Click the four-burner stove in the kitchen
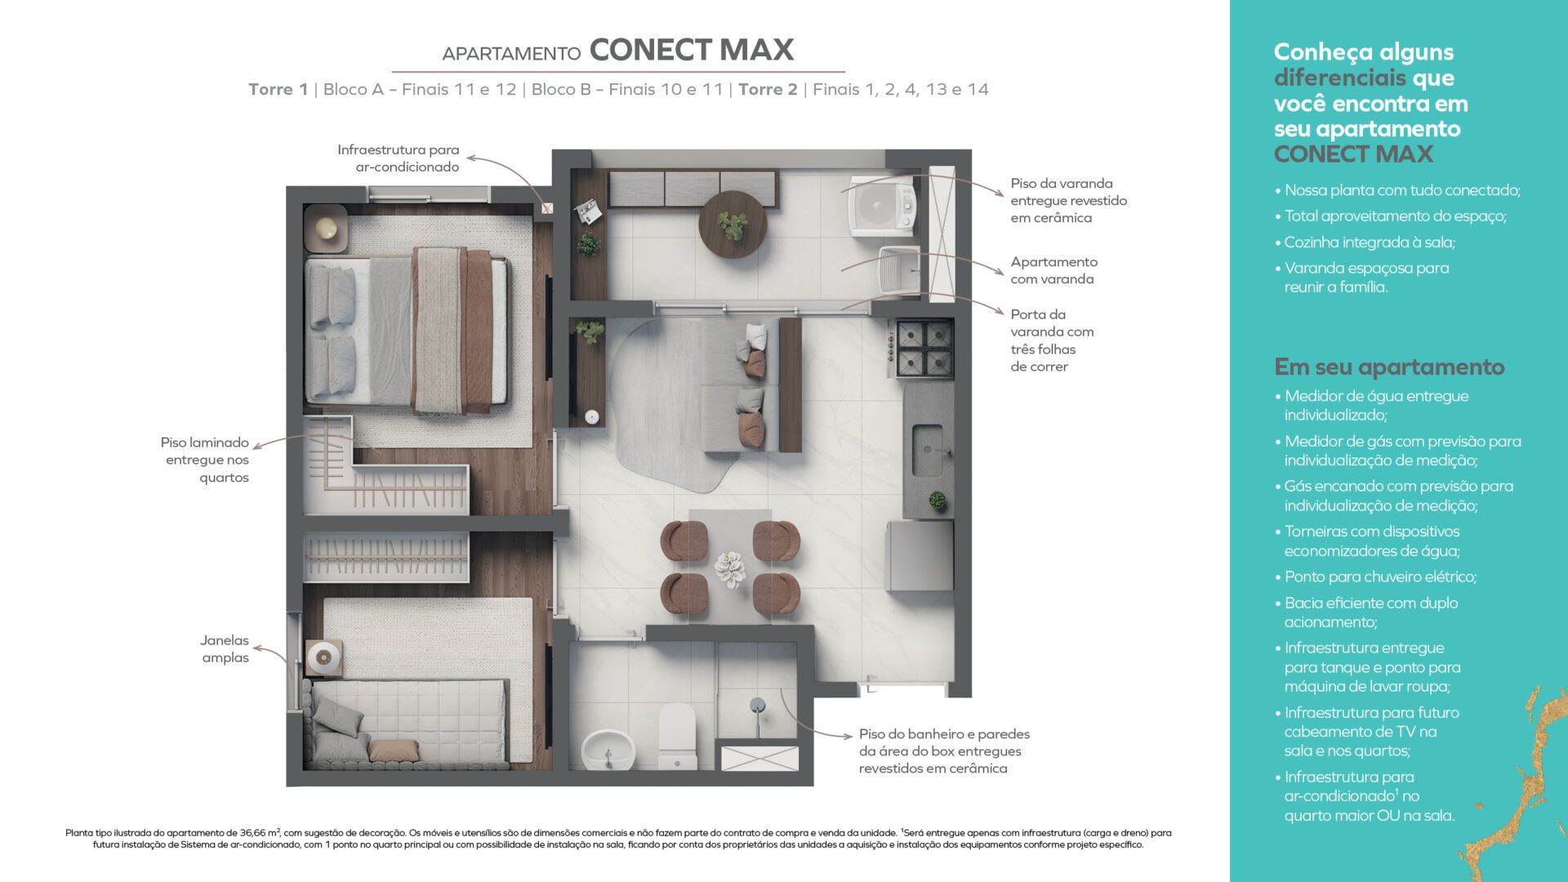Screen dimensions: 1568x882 pyautogui.click(x=925, y=348)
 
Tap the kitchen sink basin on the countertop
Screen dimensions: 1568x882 pyautogui.click(x=928, y=449)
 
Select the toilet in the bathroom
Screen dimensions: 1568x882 pyautogui.click(x=676, y=737)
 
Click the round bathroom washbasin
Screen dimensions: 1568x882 pyautogui.click(x=608, y=751)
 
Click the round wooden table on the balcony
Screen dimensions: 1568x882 pyautogui.click(x=733, y=225)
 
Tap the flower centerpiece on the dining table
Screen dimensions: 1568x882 pyautogui.click(x=729, y=568)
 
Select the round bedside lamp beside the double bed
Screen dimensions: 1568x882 pyautogui.click(x=327, y=228)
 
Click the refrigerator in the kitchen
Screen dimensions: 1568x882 pyautogui.click(x=920, y=555)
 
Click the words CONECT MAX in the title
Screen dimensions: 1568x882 pyautogui.click(x=692, y=50)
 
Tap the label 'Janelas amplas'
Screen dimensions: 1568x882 pyautogui.click(x=225, y=648)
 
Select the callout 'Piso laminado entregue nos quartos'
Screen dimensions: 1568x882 pyautogui.click(x=205, y=460)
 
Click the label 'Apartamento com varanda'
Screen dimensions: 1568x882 pyautogui.click(x=1053, y=270)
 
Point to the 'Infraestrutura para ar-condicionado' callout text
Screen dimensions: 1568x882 pyautogui.click(x=399, y=158)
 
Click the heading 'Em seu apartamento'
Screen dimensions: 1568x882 pyautogui.click(x=1389, y=367)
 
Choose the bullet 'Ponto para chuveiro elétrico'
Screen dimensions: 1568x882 pyautogui.click(x=1380, y=577)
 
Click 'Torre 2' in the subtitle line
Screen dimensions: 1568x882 pyautogui.click(x=768, y=89)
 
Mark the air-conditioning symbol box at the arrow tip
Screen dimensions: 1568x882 pyautogui.click(x=547, y=208)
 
